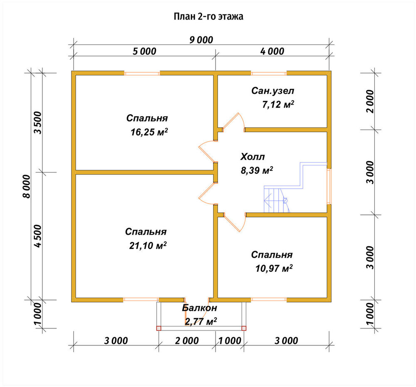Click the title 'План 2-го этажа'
coord(208,17)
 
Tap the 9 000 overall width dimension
coord(201,40)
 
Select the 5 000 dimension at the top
coord(145,51)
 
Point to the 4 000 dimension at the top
coord(272,51)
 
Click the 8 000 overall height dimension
coord(27,186)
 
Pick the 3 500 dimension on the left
coord(38,123)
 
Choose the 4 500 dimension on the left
coord(38,236)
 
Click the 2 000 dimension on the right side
coord(369,101)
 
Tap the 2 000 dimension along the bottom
coord(187,340)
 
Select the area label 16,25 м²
coord(149,132)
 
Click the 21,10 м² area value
coord(148,245)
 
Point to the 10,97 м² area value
coord(274,268)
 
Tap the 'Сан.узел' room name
coord(273,91)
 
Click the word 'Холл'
coord(253,157)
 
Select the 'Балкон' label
coord(200,308)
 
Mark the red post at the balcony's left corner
coord(158,328)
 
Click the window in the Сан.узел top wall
coord(269,73)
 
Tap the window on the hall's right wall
coord(329,186)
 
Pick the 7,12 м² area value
coord(278,104)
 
